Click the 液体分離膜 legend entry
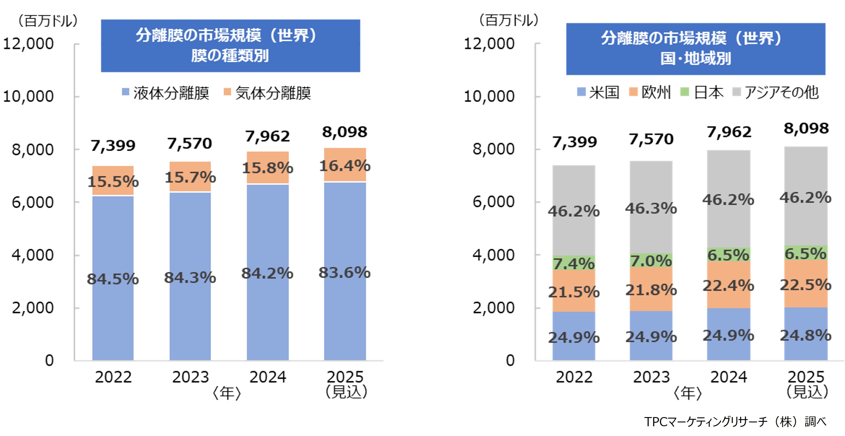click(166, 93)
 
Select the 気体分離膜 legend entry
click(267, 93)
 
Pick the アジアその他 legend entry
click(776, 92)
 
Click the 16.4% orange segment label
click(345, 166)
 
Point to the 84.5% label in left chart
click(113, 279)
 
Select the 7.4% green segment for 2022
click(574, 263)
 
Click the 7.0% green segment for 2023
click(651, 260)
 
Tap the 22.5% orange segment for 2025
click(806, 284)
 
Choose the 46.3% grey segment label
click(651, 208)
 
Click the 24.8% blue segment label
click(806, 335)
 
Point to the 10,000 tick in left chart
click(28, 96)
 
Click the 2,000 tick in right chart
click(493, 308)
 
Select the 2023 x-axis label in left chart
click(191, 377)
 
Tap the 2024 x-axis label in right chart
click(729, 377)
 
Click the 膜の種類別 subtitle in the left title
click(230, 56)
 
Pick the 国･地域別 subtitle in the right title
click(695, 59)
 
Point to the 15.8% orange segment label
click(267, 168)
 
